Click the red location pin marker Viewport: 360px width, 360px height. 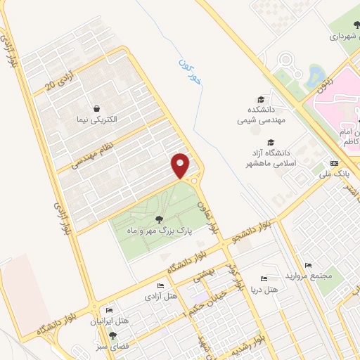pyautogui.click(x=181, y=165)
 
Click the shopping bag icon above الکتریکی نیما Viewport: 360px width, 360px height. pyautogui.click(x=96, y=108)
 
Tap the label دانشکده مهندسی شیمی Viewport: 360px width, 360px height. pyautogui.click(x=261, y=116)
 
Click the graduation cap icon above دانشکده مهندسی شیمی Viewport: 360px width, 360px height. pyautogui.click(x=261, y=100)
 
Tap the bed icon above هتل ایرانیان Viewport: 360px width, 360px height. pyautogui.click(x=109, y=310)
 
